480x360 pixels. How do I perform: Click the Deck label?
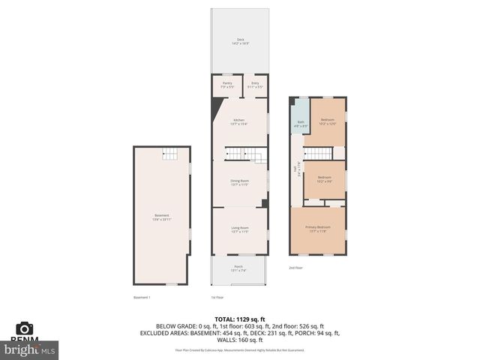click(240, 41)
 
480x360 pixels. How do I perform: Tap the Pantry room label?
click(227, 85)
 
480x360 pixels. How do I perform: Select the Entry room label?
click(255, 85)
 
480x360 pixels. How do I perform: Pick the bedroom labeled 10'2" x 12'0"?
click(328, 121)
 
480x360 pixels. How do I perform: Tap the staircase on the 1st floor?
click(247, 154)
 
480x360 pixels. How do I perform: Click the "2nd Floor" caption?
click(296, 267)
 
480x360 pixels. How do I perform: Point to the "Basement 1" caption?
click(142, 297)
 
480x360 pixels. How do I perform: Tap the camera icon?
click(25, 328)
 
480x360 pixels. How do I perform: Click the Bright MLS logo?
click(30, 349)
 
